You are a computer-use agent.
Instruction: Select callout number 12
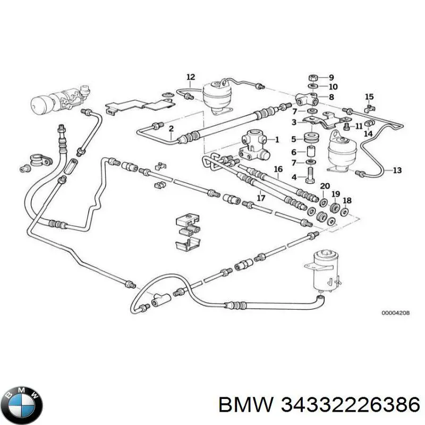191,78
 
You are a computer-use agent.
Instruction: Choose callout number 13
397,171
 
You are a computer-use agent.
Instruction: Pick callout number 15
369,97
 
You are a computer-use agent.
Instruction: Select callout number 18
347,200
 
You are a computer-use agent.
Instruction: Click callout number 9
331,76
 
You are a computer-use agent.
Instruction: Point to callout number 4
294,177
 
